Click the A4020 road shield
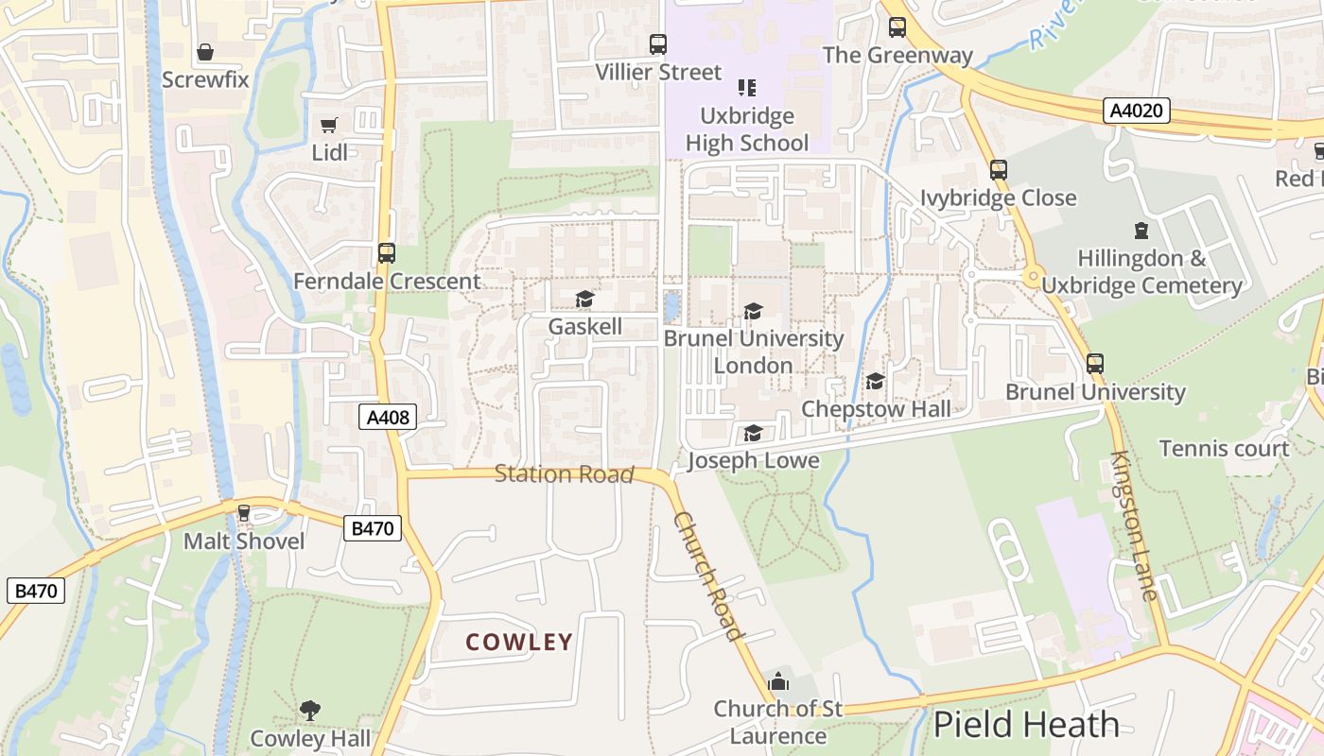(x=1137, y=112)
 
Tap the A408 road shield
(x=388, y=416)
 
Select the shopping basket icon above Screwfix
(x=205, y=52)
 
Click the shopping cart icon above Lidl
(x=329, y=125)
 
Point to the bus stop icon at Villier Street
(x=657, y=43)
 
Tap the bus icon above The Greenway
(x=897, y=27)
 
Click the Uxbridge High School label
(x=747, y=129)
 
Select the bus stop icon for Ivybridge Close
(x=998, y=170)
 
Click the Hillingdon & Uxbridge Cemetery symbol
(x=1141, y=230)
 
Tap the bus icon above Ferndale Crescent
(x=386, y=252)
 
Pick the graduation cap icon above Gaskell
(x=584, y=299)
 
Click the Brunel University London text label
(x=753, y=352)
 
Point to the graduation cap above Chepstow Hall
(x=875, y=381)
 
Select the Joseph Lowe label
(x=753, y=460)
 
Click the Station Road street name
(x=564, y=473)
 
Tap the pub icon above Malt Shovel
(x=244, y=513)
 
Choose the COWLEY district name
(x=519, y=643)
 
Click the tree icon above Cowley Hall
(x=309, y=710)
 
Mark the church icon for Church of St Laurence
(x=778, y=680)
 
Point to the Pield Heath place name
(x=1026, y=725)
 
